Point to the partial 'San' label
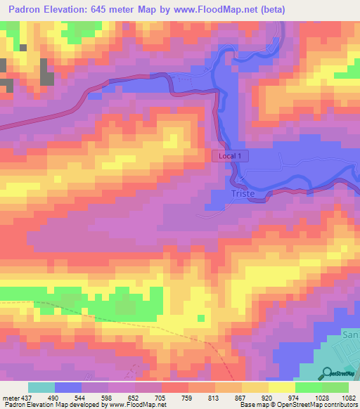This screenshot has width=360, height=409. pos(350,336)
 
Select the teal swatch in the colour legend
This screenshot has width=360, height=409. pos(41,387)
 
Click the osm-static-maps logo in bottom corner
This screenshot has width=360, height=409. pos(341,373)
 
